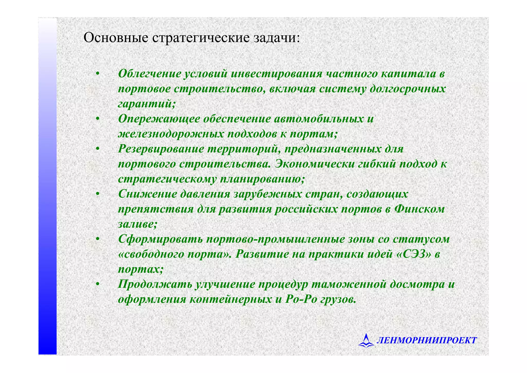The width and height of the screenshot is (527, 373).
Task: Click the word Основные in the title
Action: (x=116, y=38)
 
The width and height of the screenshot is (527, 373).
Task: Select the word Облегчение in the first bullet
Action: (x=150, y=74)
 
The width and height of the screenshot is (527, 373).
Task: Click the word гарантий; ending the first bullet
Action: (x=147, y=104)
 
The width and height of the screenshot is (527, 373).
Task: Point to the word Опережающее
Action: (x=159, y=119)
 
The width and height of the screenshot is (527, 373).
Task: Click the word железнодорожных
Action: (x=171, y=134)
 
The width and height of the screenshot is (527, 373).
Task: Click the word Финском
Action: (x=419, y=209)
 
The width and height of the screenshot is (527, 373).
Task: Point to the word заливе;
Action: (x=137, y=224)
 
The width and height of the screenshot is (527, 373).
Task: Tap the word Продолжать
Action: (x=155, y=284)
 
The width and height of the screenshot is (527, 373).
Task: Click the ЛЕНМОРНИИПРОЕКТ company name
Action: (x=426, y=341)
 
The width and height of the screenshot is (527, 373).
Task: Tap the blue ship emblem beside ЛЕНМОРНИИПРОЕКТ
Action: (x=366, y=341)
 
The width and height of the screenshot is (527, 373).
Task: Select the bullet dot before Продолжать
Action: (x=98, y=285)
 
